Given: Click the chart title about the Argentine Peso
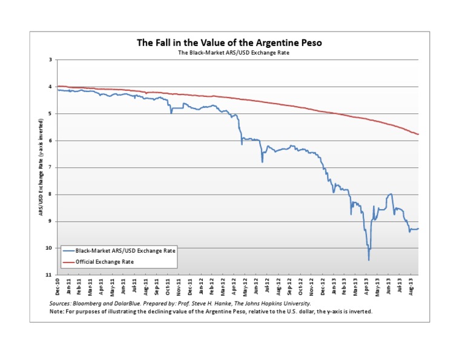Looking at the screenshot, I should (232, 43).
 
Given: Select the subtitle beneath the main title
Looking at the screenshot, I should (232, 53).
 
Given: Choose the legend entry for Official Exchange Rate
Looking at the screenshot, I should (105, 262).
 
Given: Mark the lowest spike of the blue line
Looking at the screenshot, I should (369, 260).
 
